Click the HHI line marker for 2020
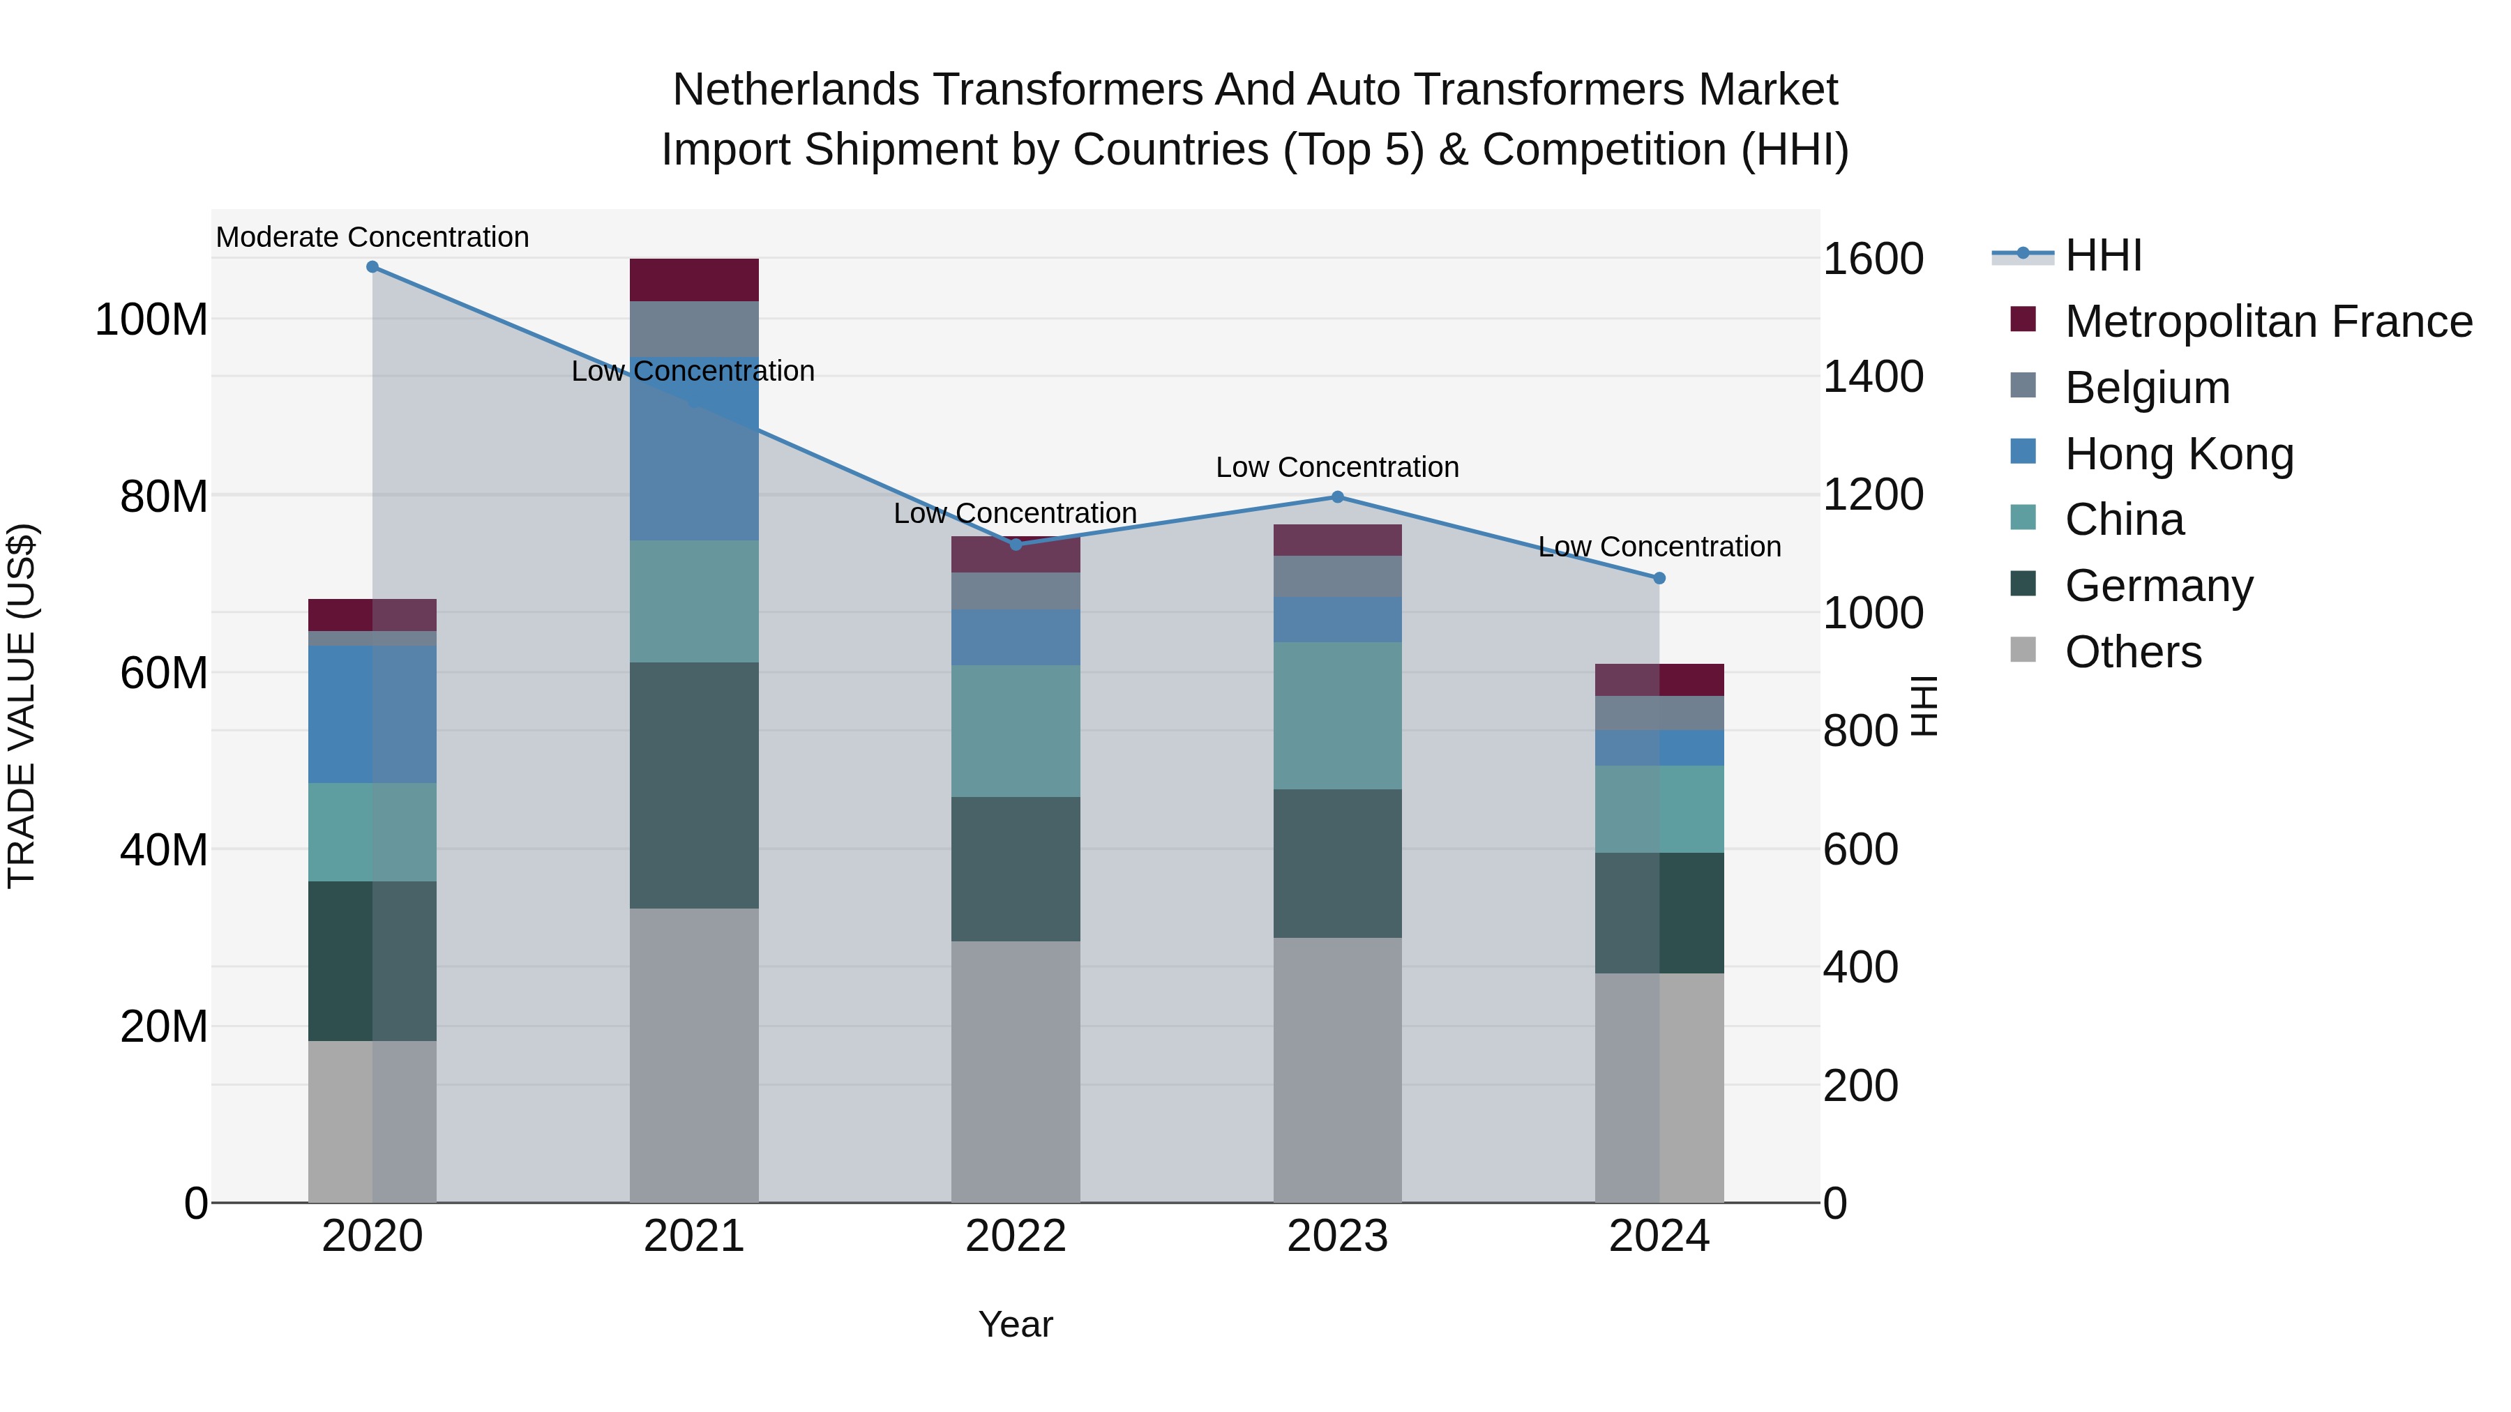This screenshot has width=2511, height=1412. (x=372, y=267)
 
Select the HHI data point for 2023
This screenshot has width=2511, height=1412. (x=1337, y=497)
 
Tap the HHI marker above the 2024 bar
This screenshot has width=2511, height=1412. (x=1659, y=579)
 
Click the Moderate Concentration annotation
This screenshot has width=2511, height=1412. (x=372, y=237)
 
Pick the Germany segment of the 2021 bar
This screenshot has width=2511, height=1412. (x=694, y=785)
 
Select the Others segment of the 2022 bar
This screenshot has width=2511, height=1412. (x=1016, y=1071)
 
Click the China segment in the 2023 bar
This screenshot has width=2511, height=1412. (x=1337, y=715)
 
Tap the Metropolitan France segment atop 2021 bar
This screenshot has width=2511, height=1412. (x=694, y=280)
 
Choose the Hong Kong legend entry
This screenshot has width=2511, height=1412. (x=2178, y=454)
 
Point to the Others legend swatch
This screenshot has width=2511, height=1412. (x=2023, y=650)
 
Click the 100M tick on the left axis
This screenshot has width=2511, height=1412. (x=152, y=319)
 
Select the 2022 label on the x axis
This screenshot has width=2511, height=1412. (x=1016, y=1236)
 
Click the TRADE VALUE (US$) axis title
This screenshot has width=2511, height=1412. (x=22, y=706)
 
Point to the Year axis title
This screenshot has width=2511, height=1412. (x=1016, y=1324)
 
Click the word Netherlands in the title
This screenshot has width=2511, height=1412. (x=795, y=90)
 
